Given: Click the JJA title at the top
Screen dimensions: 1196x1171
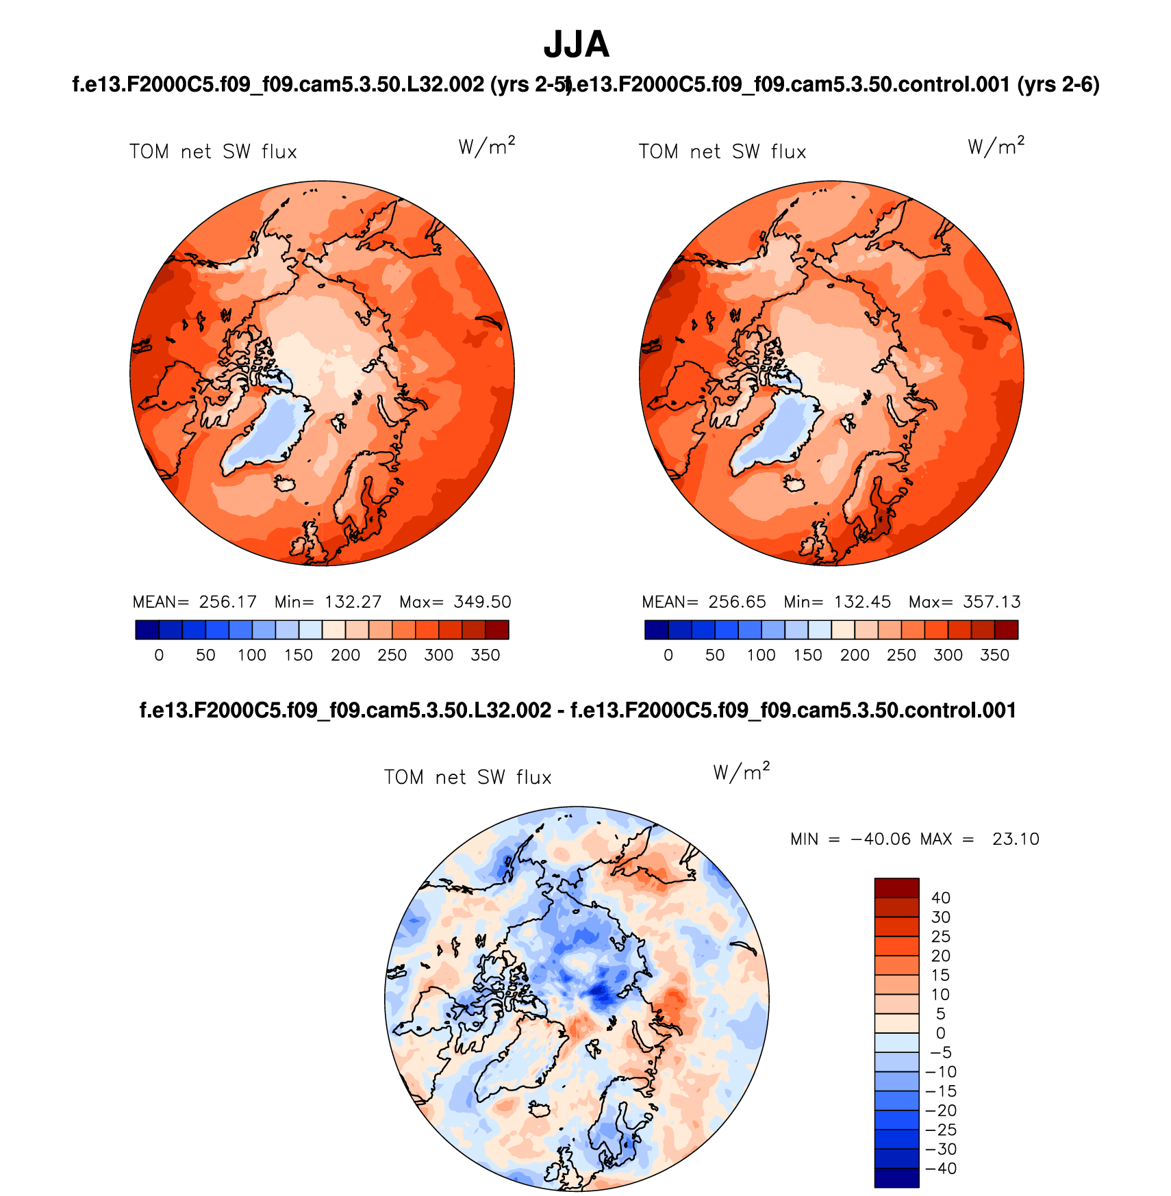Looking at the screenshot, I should tap(576, 45).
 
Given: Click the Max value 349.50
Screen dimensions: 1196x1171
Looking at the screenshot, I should tap(482, 602).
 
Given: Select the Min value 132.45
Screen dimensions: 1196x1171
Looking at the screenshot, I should tap(862, 602).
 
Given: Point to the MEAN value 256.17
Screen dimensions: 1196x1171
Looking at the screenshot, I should tap(227, 602).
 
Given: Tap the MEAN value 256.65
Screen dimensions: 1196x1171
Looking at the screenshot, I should tap(737, 602).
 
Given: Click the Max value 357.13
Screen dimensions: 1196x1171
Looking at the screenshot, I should tap(992, 602).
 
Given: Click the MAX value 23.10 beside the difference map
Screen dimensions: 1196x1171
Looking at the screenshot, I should tap(1016, 839).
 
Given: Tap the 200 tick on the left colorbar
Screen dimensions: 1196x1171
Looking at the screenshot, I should tap(345, 655).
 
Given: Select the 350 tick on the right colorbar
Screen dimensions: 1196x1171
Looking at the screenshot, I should tap(994, 655).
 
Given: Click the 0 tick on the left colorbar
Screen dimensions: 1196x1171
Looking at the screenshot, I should tap(159, 655).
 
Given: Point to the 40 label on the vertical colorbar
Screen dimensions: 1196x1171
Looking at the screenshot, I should tap(941, 898).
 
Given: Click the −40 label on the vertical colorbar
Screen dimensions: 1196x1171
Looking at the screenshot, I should tap(941, 1169).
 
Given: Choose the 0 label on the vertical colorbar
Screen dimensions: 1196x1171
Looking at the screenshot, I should tap(941, 1033).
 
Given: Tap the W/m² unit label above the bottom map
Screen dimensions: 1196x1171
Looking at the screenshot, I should tap(741, 772).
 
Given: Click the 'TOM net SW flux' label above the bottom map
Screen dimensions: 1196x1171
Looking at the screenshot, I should tap(468, 778).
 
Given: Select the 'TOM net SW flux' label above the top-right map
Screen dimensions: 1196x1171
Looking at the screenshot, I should tap(722, 152).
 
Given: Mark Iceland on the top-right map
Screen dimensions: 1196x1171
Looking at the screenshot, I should tap(794, 483).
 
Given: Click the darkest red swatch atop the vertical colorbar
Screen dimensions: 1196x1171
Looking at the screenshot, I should tap(896, 888).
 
